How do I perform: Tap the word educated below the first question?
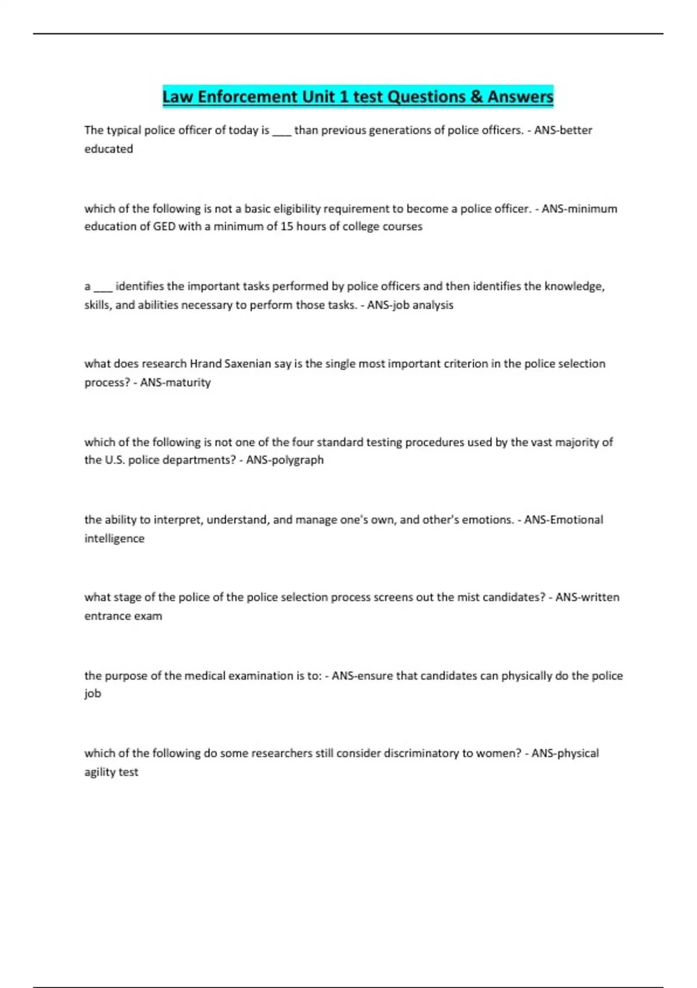(109, 149)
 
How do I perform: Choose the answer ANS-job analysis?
(410, 305)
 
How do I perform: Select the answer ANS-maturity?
(175, 382)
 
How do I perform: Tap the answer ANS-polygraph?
(285, 460)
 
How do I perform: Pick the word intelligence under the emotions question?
(114, 538)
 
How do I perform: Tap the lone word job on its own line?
(92, 693)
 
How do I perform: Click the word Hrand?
(203, 364)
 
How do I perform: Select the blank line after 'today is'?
(282, 131)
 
